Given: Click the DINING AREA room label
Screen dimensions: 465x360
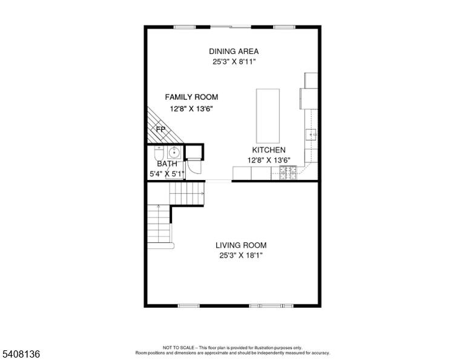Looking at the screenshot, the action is [234, 52].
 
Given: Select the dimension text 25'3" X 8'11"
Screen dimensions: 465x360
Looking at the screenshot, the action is [234, 62].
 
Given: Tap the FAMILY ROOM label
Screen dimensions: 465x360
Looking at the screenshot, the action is [191, 97].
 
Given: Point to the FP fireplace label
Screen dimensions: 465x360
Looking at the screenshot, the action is [160, 130].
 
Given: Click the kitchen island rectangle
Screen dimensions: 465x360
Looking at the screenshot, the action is [268, 116].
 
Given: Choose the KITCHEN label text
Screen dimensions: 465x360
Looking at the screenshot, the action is [269, 150].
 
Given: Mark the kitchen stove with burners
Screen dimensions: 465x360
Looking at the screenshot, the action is [288, 173].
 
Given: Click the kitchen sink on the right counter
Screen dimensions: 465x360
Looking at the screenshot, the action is [311, 135].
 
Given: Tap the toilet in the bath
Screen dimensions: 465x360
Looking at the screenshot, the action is [159, 153].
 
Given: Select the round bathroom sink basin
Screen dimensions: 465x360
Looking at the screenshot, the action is [174, 153].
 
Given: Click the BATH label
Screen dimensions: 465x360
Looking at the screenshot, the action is [167, 164].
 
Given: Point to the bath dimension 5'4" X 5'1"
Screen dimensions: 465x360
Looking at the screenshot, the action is [167, 174].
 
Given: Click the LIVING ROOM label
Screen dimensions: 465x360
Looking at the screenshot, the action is [241, 245].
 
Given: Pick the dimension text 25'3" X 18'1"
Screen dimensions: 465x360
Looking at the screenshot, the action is [241, 255].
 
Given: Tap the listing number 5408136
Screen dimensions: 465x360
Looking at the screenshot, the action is [21, 354].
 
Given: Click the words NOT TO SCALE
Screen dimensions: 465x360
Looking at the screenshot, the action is [179, 347].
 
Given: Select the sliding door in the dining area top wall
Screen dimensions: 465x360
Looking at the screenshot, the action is [231, 27].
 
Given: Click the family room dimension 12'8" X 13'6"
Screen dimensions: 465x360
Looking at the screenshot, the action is [191, 108].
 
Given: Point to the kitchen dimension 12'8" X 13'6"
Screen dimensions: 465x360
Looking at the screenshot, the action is [269, 160].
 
